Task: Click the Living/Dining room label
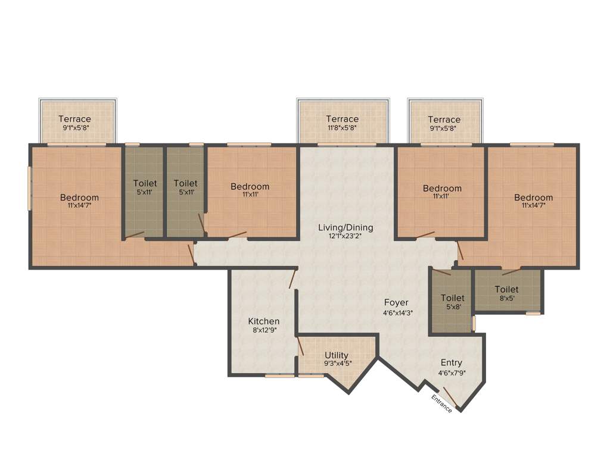click(x=346, y=227)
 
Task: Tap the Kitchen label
click(x=264, y=321)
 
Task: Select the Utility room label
click(x=337, y=355)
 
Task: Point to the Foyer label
click(x=396, y=302)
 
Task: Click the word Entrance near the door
click(x=442, y=403)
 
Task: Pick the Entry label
click(x=451, y=362)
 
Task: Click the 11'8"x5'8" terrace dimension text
click(x=342, y=127)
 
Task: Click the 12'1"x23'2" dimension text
click(x=346, y=236)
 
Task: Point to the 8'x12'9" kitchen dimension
click(x=264, y=330)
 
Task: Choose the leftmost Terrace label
click(x=74, y=119)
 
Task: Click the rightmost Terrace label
click(x=444, y=119)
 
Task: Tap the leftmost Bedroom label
click(x=79, y=198)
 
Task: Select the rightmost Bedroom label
click(x=533, y=198)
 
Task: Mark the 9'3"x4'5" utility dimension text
click(x=337, y=364)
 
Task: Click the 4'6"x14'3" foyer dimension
click(x=397, y=312)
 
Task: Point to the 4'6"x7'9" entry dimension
click(x=452, y=373)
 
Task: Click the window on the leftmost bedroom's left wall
click(x=30, y=187)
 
